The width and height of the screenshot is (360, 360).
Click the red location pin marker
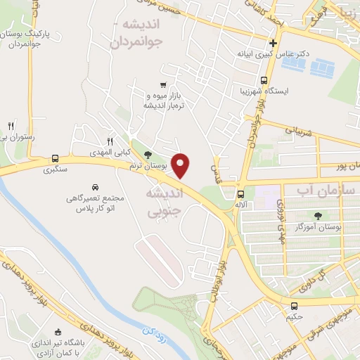(x=181, y=166)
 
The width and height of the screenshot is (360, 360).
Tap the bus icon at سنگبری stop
(x=55, y=157)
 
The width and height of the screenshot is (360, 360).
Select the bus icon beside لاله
(x=240, y=194)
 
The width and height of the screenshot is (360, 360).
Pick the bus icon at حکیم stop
(x=294, y=305)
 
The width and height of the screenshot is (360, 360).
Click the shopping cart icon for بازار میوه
(x=163, y=84)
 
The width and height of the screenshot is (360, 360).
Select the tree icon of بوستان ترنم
(x=147, y=155)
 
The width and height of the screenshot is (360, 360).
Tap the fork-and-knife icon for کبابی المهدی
(x=109, y=141)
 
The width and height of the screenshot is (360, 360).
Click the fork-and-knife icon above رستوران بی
(x=11, y=125)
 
